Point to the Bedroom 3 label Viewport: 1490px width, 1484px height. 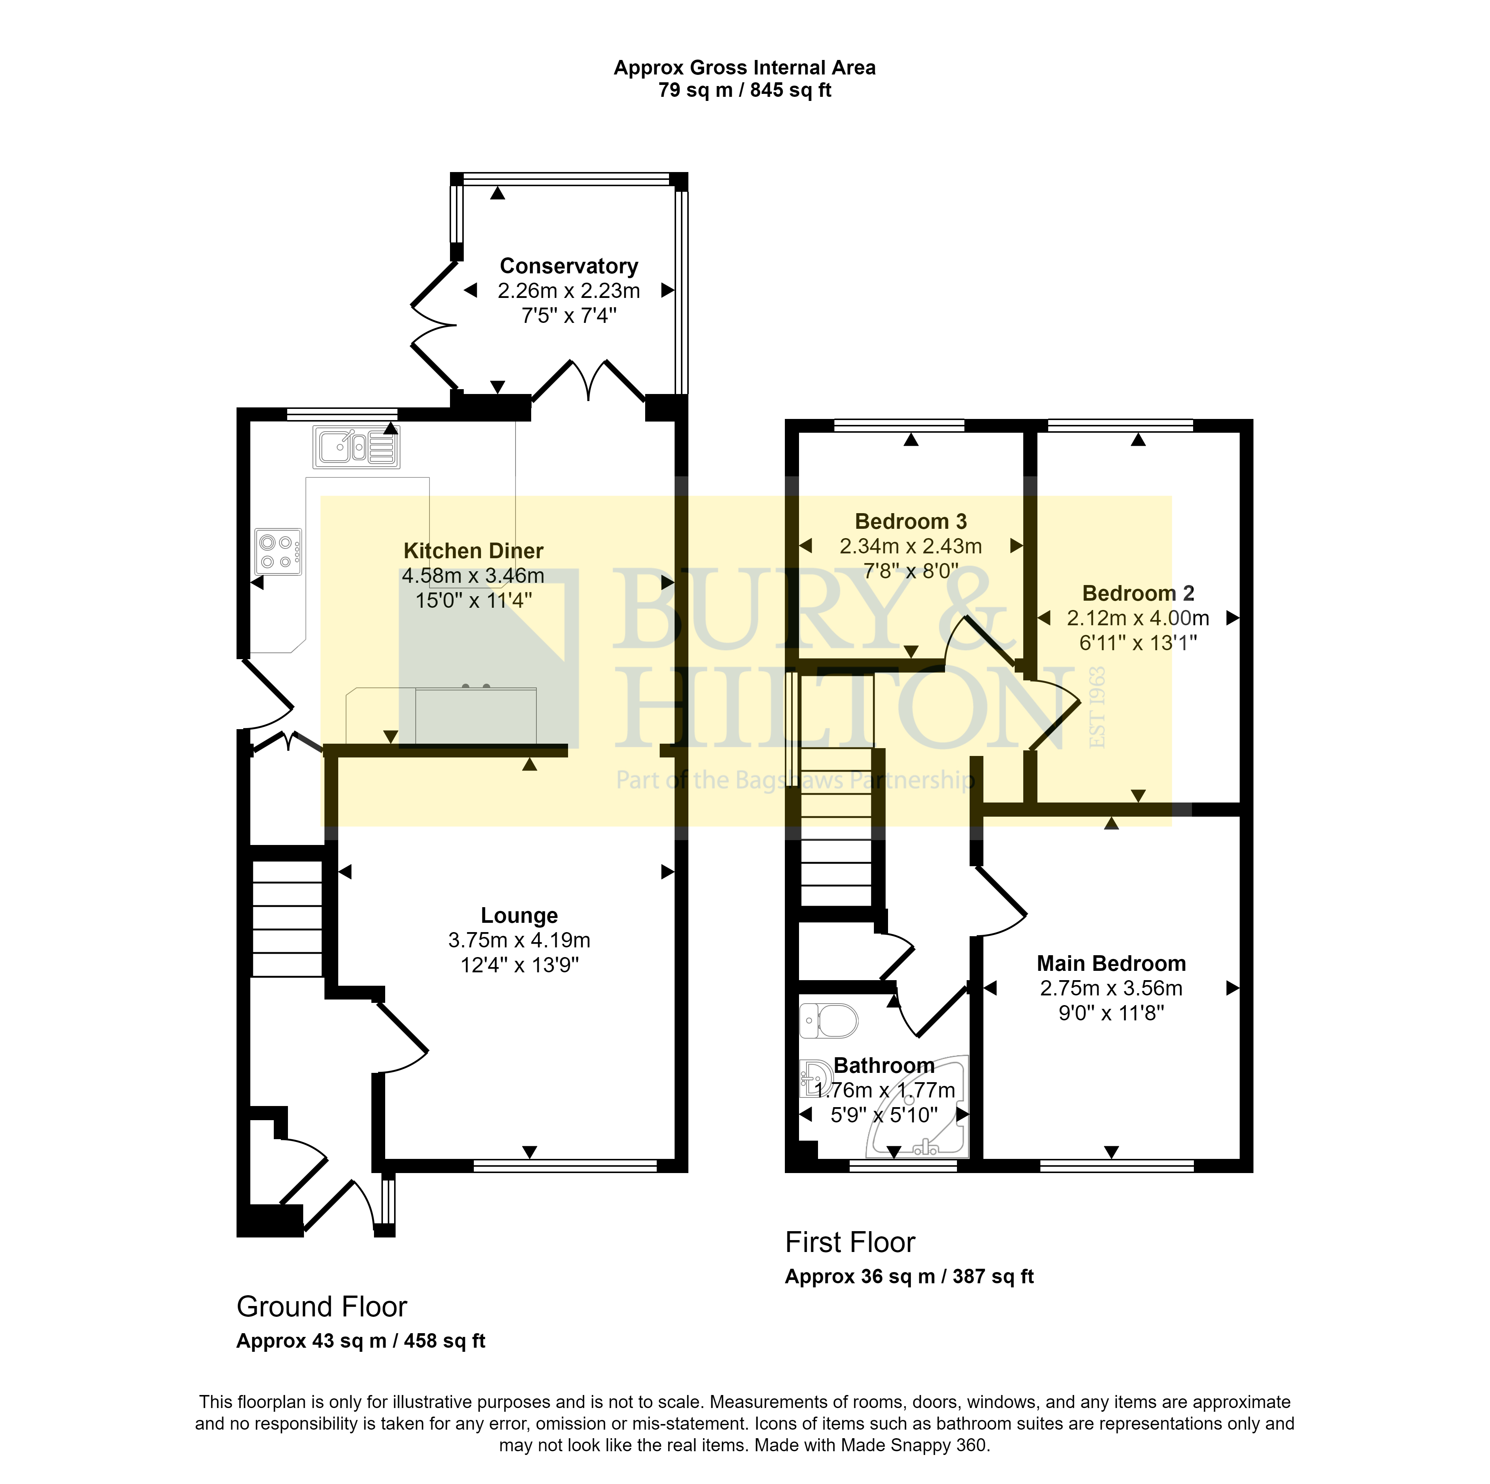911,522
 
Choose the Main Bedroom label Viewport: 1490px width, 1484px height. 1111,964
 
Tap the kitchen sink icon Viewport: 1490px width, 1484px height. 356,447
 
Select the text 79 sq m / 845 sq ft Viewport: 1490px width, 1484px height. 745,90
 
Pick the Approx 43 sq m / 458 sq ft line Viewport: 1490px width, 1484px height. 361,1341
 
